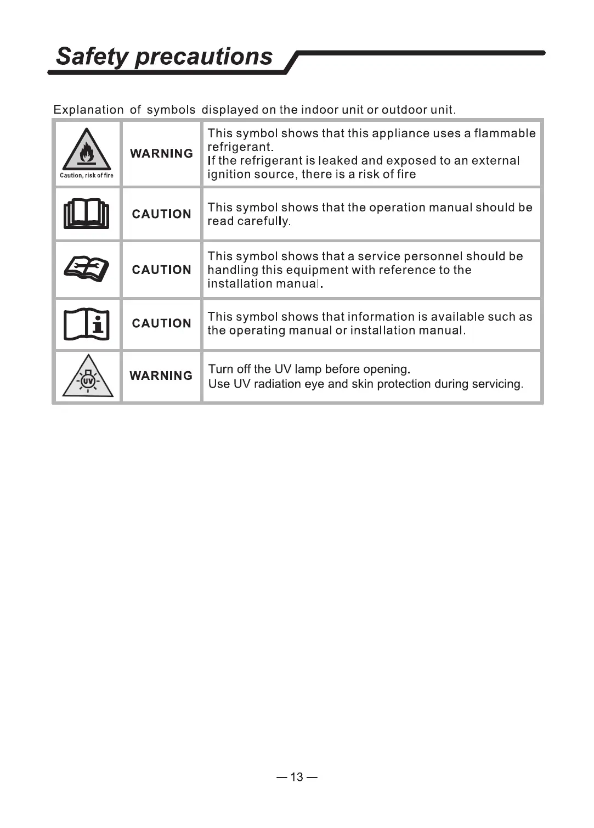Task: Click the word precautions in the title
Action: tap(203, 56)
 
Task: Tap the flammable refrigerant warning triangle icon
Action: tap(87, 149)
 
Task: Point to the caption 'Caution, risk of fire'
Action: tap(87, 176)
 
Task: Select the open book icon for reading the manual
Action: tap(87, 214)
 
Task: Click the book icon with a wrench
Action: tap(87, 269)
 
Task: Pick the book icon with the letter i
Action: tap(87, 325)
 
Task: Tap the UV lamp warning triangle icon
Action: tap(88, 377)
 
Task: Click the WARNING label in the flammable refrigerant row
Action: tap(161, 154)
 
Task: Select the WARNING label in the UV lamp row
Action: tap(161, 376)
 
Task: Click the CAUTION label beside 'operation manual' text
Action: tap(161, 214)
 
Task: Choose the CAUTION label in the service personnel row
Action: tap(161, 270)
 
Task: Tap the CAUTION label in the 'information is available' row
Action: tap(161, 323)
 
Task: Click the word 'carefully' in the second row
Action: tap(264, 221)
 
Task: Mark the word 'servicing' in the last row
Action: tap(499, 384)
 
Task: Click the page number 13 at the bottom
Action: tap(297, 777)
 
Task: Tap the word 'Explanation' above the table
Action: tap(88, 110)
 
